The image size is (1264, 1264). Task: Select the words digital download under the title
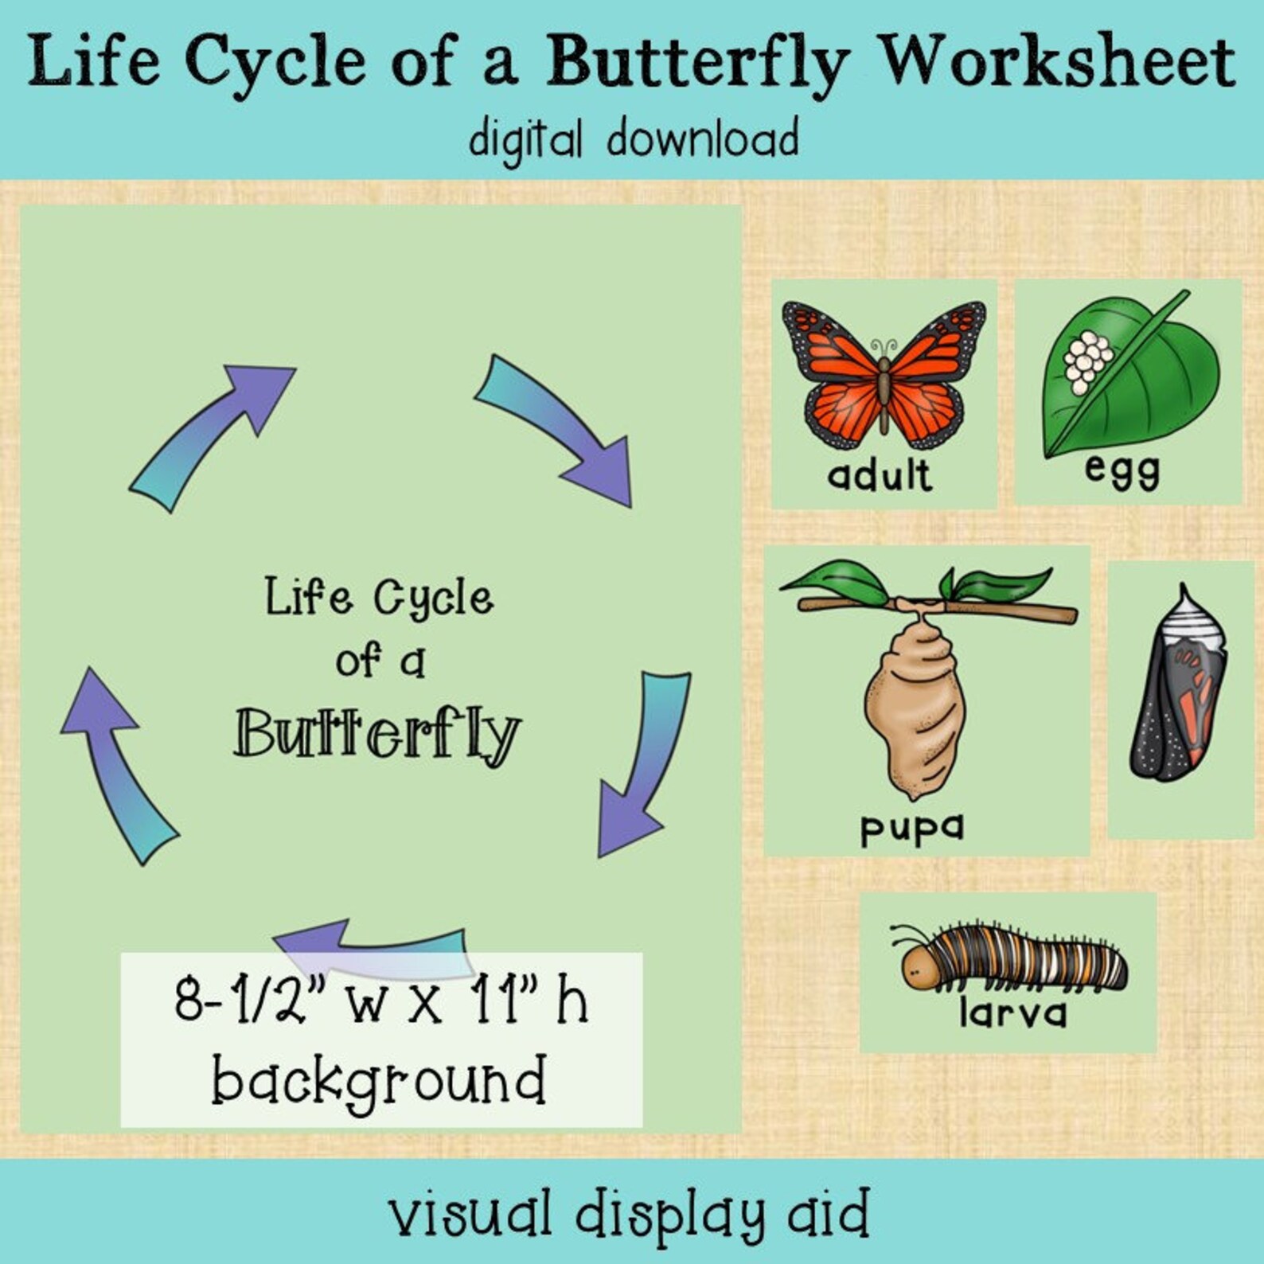tap(634, 138)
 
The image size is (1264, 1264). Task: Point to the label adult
tap(880, 476)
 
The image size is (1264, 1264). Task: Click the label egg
tap(1122, 470)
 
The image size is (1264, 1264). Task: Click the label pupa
tap(911, 828)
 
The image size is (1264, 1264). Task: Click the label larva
tap(1012, 1013)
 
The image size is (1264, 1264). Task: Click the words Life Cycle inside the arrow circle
tap(379, 598)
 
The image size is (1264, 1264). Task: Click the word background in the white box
tap(379, 1081)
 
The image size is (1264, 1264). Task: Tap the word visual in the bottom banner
tap(470, 1214)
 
